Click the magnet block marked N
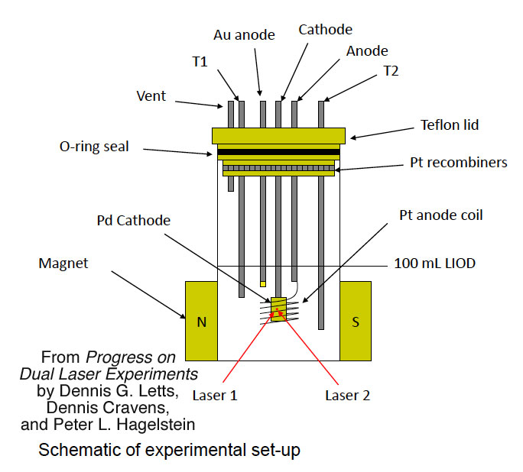(201, 321)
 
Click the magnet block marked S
(355, 321)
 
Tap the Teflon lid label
(450, 124)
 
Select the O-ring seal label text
(93, 147)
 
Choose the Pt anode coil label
(440, 215)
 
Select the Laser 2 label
(342, 396)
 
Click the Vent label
(151, 97)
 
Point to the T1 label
(200, 63)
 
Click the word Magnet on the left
(63, 263)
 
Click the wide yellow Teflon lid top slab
(278, 135)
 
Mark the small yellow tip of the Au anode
(262, 283)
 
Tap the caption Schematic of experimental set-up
(170, 450)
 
